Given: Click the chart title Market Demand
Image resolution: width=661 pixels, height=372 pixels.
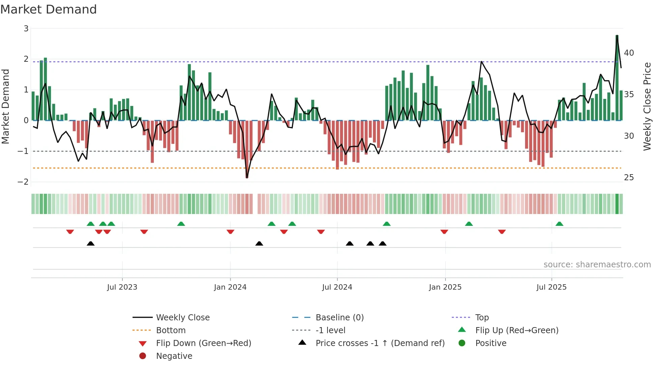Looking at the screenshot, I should tap(49, 9).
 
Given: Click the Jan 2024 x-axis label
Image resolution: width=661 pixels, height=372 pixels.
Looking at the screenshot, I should tap(230, 287).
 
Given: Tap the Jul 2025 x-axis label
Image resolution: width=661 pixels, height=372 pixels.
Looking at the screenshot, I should tap(551, 287).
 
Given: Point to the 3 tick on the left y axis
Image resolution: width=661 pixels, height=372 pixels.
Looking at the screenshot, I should tap(26, 29).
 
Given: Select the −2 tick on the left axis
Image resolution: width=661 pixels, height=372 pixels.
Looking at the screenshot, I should tap(23, 182).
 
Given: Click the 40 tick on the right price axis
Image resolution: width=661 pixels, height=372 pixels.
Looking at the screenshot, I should tap(629, 53).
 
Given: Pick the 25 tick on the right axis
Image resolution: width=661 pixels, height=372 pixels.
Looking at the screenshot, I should tap(629, 178).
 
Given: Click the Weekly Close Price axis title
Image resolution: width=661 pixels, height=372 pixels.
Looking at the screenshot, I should tap(647, 106).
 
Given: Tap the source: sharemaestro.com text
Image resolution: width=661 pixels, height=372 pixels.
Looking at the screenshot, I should tap(597, 265).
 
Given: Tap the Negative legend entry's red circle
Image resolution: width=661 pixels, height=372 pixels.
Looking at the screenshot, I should tap(143, 356).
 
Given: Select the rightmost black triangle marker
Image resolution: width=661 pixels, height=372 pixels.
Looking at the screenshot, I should tap(382, 244).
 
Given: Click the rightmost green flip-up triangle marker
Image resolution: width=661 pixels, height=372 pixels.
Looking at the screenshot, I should tap(559, 224).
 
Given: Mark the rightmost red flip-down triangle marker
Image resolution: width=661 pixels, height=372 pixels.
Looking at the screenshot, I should tap(502, 232).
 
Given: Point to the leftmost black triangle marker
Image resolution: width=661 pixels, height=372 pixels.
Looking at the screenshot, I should tap(90, 244).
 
